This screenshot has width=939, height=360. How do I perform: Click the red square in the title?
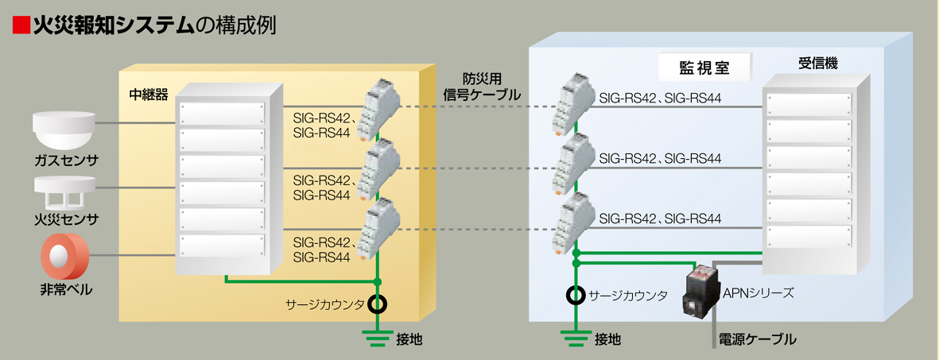(x=21, y=26)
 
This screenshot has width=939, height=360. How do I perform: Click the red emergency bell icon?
(x=64, y=257)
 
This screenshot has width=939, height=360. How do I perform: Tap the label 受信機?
(x=817, y=61)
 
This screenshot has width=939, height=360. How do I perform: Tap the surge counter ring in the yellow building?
(x=378, y=304)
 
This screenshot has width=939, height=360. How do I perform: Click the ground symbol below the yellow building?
(x=378, y=334)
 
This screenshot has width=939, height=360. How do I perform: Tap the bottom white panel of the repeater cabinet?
(x=221, y=246)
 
